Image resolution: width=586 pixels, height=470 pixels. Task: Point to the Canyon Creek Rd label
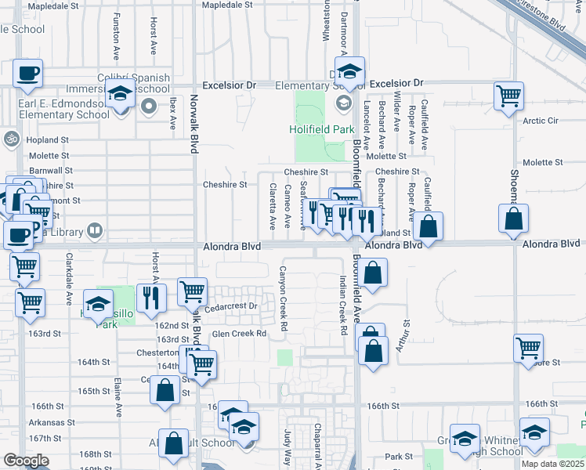[284, 298]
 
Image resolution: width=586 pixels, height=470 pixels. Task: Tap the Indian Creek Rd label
[342, 305]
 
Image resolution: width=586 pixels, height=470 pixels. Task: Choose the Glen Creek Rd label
[239, 333]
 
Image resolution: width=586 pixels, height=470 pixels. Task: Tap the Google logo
[26, 460]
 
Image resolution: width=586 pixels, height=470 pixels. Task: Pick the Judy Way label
[288, 447]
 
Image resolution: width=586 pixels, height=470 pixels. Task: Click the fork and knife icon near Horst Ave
[150, 298]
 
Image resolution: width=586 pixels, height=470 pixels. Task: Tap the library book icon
[93, 230]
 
